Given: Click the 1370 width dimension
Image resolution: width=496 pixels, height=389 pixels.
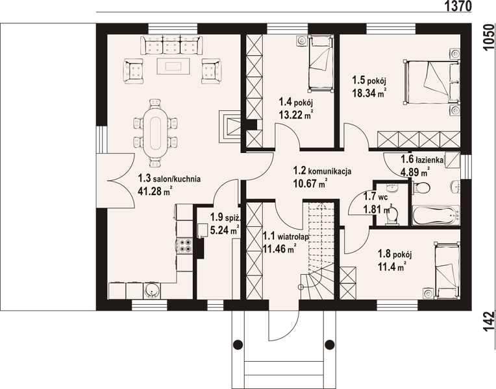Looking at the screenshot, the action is pyautogui.click(x=458, y=6).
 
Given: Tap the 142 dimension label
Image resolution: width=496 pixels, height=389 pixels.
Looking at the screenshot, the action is pyautogui.click(x=489, y=322).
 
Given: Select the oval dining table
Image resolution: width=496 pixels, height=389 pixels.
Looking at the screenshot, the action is pyautogui.click(x=155, y=133).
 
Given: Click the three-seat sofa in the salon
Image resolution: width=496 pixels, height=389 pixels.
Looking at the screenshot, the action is pyautogui.click(x=171, y=45).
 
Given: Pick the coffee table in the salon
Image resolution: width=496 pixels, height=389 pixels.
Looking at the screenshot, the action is pyautogui.click(x=173, y=66).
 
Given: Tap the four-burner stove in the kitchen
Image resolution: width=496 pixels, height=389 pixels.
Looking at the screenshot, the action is pyautogui.click(x=185, y=246).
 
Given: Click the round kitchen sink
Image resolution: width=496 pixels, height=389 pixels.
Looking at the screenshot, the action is pyautogui.click(x=152, y=290).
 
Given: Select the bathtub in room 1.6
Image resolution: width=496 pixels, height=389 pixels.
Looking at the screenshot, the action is pyautogui.click(x=436, y=215).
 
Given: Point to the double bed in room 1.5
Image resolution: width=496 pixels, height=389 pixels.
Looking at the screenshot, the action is pyautogui.click(x=432, y=82).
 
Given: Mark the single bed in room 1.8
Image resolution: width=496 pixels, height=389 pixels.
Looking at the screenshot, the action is pyautogui.click(x=447, y=271).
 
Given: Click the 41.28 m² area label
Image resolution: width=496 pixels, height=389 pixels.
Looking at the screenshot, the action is pyautogui.click(x=155, y=191).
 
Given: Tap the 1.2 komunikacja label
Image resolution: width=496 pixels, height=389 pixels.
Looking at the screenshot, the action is pyautogui.click(x=322, y=171).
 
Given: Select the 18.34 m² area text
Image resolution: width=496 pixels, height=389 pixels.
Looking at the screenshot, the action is pyautogui.click(x=369, y=93).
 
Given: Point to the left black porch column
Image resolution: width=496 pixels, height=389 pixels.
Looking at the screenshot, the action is pyautogui.click(x=238, y=344).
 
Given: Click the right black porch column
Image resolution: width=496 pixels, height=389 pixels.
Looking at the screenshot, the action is pyautogui.click(x=330, y=344).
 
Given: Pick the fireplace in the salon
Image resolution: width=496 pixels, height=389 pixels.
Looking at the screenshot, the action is pyautogui.click(x=230, y=126).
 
